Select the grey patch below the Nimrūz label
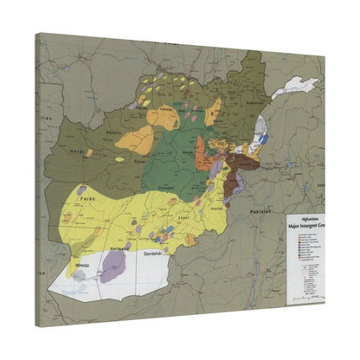[x=80, y=273]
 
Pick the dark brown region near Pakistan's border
[x=232, y=183]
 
